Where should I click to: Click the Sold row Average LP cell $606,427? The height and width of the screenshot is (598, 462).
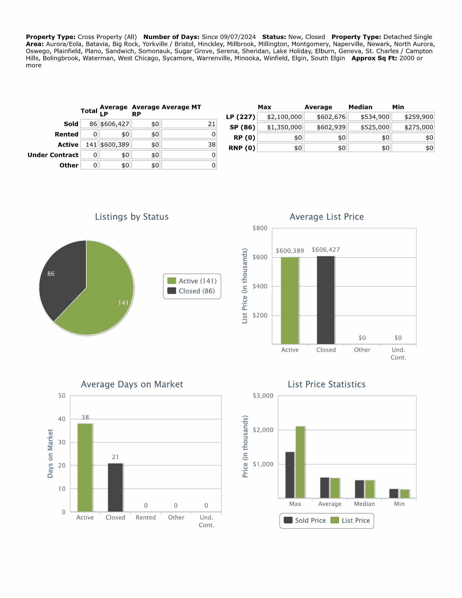point(115,124)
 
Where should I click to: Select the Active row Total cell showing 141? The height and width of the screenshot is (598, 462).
point(89,145)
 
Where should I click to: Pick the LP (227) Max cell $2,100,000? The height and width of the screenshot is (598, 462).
point(280,117)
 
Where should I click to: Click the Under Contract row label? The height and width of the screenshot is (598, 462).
point(53,155)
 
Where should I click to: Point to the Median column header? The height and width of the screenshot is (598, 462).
point(360,107)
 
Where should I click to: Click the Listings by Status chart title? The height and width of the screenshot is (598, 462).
point(132,217)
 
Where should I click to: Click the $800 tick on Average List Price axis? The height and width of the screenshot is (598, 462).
point(260,228)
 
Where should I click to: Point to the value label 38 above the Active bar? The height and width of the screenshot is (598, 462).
point(85,417)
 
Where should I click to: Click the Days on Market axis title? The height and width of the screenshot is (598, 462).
point(50,454)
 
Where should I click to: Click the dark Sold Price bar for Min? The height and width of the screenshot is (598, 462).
point(394,493)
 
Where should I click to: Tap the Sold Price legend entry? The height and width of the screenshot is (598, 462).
point(305,520)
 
